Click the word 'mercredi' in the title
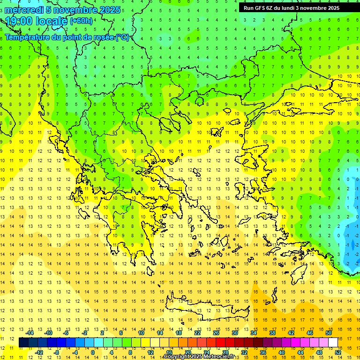[x=23, y=10]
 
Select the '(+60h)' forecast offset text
[x=81, y=21]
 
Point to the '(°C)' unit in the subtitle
[x=122, y=37]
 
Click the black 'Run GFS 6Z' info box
[x=295, y=8]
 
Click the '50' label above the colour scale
[x=328, y=333]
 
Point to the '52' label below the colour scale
[x=337, y=352]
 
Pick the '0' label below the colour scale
[x=93, y=352]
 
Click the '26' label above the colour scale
[x=216, y=333]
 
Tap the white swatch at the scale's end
[x=333, y=343]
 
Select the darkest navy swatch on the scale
[x=23, y=343]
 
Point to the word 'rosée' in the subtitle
[x=103, y=37]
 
